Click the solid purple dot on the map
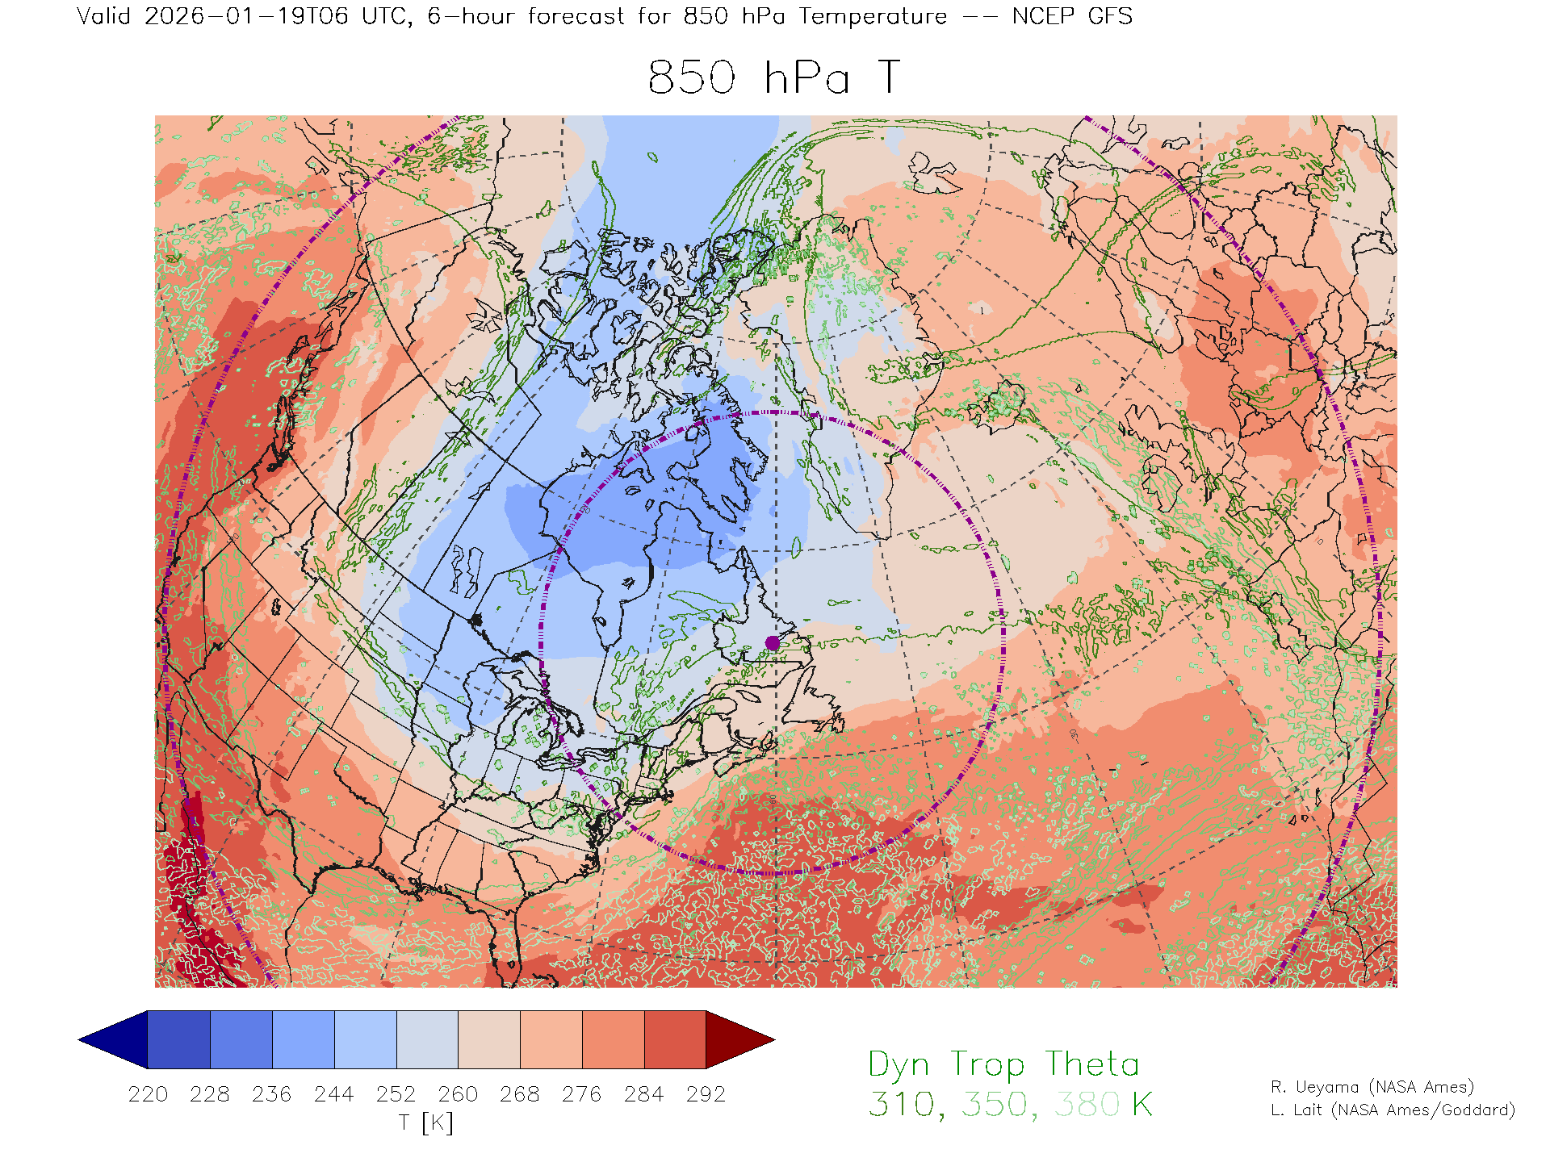coord(773,643)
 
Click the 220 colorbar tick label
coord(148,1094)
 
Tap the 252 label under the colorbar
coord(396,1094)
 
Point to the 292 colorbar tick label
coord(706,1094)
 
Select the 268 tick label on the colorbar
coord(519,1094)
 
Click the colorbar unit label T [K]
coord(425,1122)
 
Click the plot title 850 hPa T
coord(773,78)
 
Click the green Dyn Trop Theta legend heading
coord(1003,1064)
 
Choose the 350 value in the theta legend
coord(994,1105)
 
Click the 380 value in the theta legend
coord(1087,1105)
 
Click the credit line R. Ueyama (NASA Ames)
coord(1372,1087)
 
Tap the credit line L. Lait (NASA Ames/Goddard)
coord(1393,1110)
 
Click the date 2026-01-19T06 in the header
coord(246,17)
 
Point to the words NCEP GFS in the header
coord(1072,17)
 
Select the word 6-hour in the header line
coord(471,17)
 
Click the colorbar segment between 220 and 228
coord(179,1039)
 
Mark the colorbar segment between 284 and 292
coord(675,1039)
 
